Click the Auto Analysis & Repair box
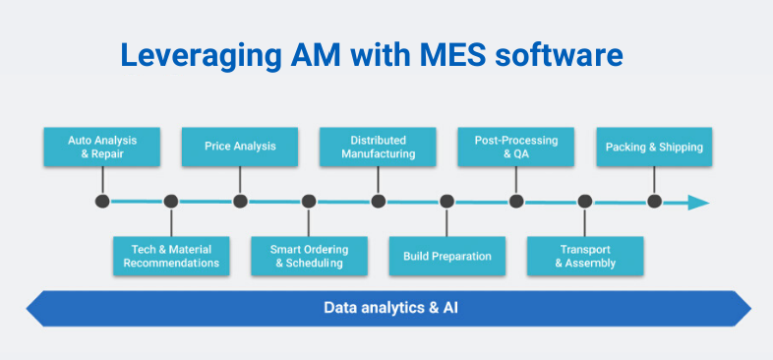(101, 147)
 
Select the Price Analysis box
(240, 147)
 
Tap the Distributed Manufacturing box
(378, 147)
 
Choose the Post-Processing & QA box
(516, 147)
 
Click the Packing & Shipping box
(654, 147)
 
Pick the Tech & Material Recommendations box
(171, 256)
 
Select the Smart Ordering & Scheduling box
(309, 256)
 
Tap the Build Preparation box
(446, 256)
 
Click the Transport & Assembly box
(585, 256)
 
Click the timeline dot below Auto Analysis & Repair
(101, 202)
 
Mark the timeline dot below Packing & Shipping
(654, 202)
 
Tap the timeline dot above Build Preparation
(446, 202)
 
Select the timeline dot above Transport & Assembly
(585, 202)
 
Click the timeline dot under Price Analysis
(240, 202)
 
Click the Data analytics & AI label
(391, 307)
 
